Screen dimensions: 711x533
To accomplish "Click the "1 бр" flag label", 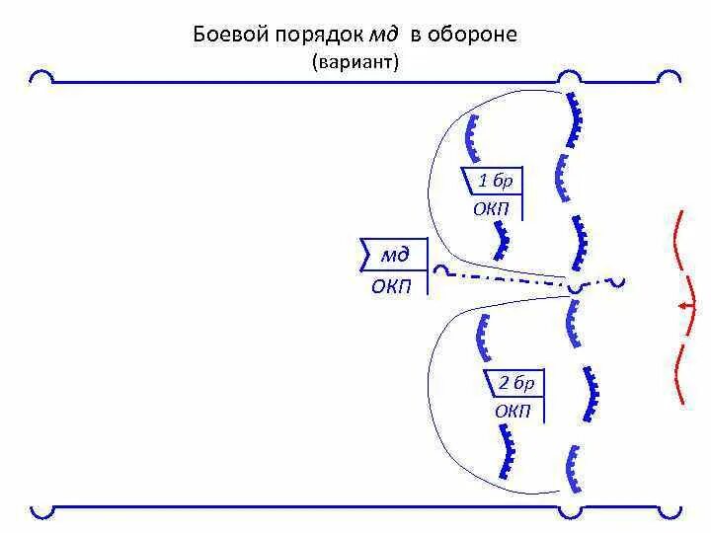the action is tap(495, 182).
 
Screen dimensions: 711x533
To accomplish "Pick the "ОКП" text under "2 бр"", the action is tap(513, 411).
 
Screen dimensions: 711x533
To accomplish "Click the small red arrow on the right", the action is tap(684, 307).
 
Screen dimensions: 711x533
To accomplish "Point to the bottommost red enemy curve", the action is tap(679, 374).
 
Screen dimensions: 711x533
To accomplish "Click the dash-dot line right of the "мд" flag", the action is tap(504, 279).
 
